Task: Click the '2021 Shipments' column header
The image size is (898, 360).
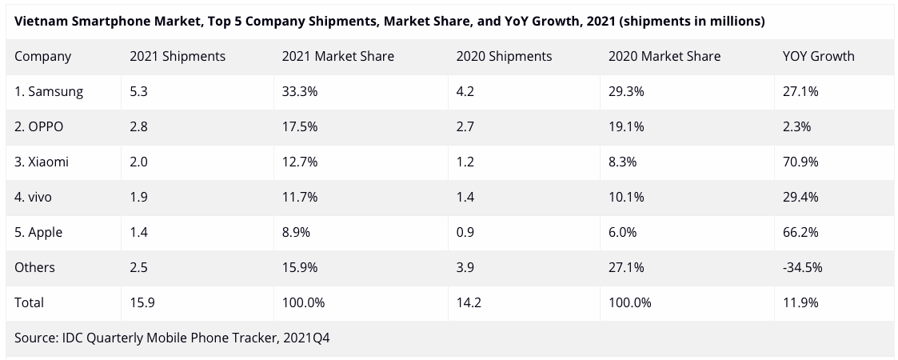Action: coord(178,57)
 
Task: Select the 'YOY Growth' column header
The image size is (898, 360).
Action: coord(818,57)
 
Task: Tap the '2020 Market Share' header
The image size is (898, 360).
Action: coord(664,57)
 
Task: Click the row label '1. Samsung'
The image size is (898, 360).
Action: coord(49,92)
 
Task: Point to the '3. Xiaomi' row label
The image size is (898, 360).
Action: coord(42,162)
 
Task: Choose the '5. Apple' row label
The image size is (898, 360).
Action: coord(38,233)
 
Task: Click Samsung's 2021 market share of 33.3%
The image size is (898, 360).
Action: coord(300,92)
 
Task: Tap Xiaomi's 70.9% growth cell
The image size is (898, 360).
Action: coord(800,162)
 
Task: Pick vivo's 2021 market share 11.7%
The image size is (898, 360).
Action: coord(300,198)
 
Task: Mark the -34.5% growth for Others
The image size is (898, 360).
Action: coord(802,268)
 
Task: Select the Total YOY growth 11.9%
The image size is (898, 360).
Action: coord(800,303)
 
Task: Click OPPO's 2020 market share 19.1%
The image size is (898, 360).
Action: coord(626,127)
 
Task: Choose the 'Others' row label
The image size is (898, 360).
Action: coord(35,268)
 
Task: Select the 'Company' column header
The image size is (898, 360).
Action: coord(43,57)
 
